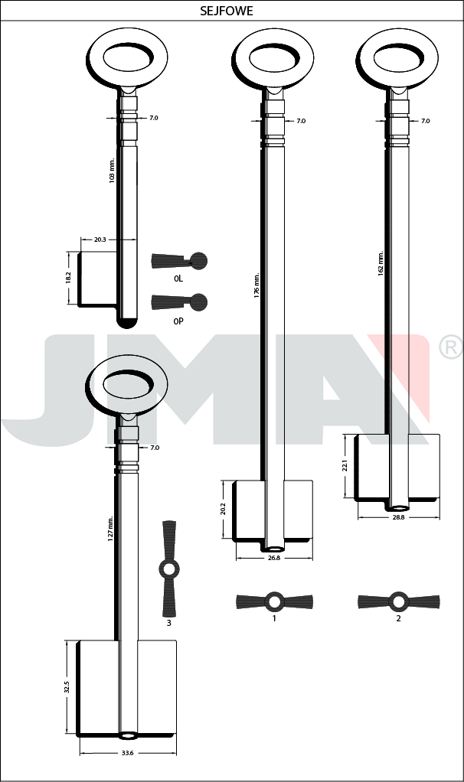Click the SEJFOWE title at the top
227,11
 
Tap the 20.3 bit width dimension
100,239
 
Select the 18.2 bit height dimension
69,278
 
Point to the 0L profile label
178,279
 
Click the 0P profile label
178,321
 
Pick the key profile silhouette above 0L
178,260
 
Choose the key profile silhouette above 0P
178,302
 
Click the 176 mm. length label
257,285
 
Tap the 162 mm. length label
381,263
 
